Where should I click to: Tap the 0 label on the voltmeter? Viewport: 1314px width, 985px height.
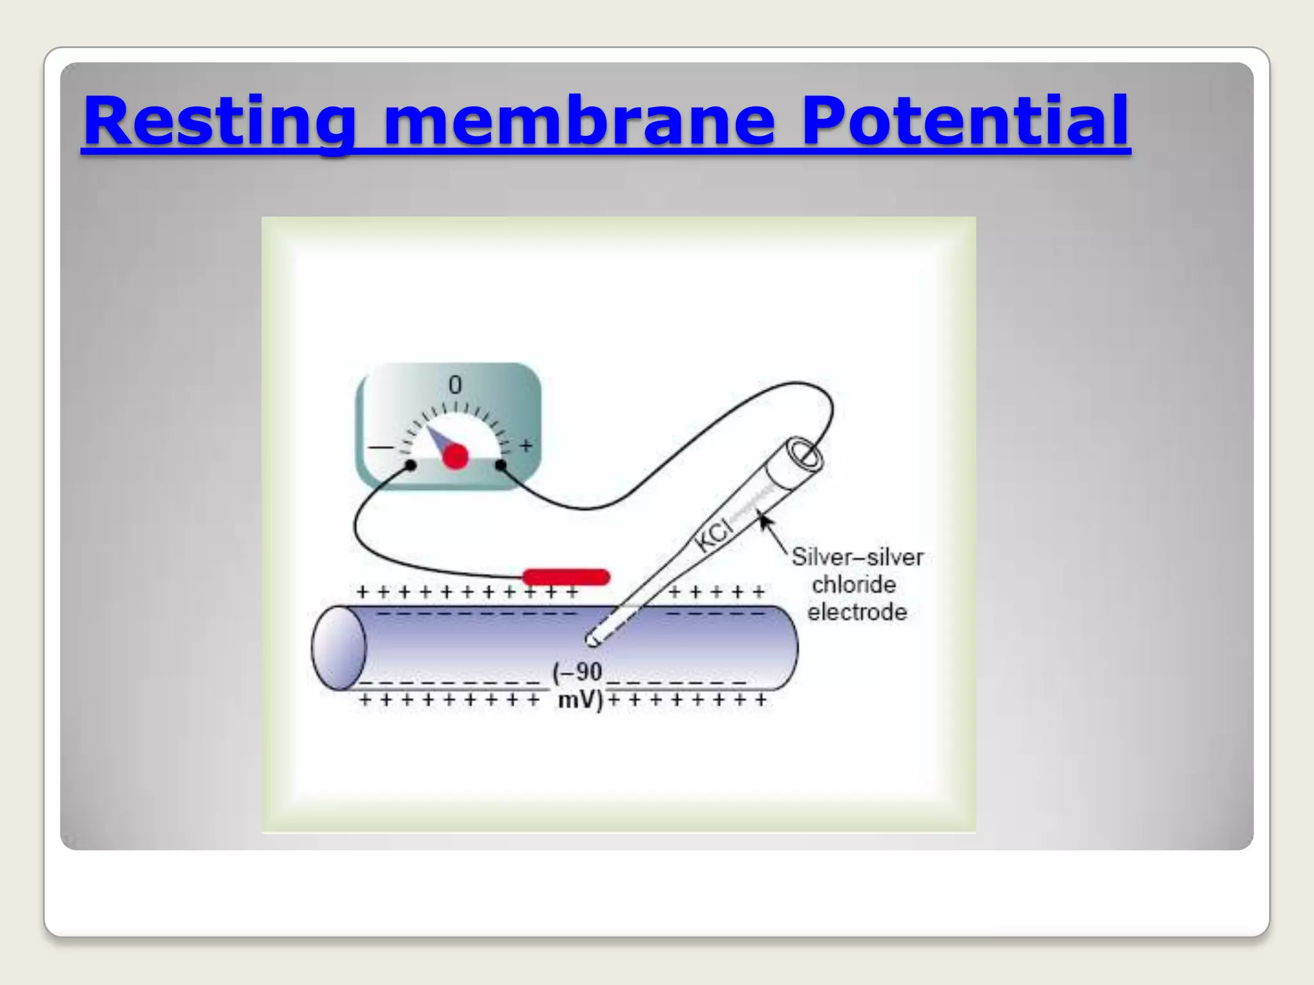click(x=455, y=385)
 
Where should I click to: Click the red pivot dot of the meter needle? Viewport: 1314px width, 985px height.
click(x=456, y=457)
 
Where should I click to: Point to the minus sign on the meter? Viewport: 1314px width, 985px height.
click(x=380, y=447)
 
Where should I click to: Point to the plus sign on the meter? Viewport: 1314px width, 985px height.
click(x=526, y=445)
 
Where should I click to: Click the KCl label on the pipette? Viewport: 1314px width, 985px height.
click(x=713, y=535)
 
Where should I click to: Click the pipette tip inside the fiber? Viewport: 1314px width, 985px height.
click(x=592, y=639)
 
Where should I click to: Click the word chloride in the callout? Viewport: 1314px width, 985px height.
click(x=853, y=585)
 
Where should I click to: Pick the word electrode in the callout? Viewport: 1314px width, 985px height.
click(x=857, y=612)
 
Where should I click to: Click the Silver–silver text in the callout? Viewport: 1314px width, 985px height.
click(x=857, y=557)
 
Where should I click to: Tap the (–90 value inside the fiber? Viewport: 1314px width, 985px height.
click(x=577, y=672)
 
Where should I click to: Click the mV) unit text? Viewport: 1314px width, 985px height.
click(x=580, y=700)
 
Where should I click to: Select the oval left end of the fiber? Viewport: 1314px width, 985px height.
click(x=339, y=648)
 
